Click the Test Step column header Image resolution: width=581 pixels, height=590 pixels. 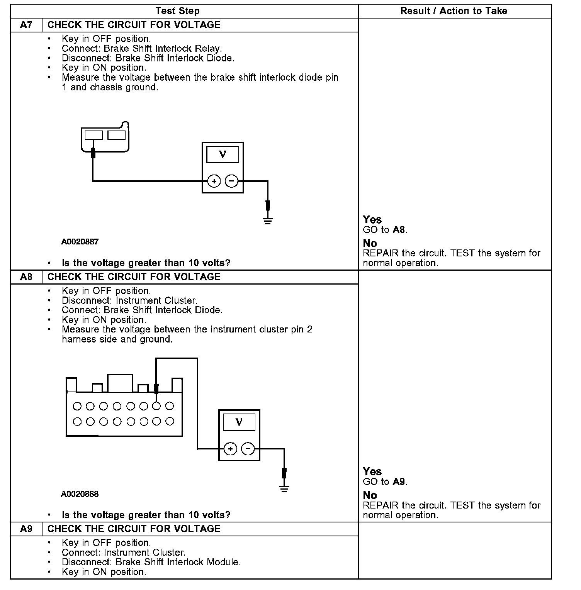pyautogui.click(x=177, y=11)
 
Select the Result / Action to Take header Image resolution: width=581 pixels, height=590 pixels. pyautogui.click(x=454, y=11)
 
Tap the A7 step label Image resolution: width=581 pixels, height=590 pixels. pyautogui.click(x=26, y=25)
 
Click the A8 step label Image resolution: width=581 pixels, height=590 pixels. pyautogui.click(x=26, y=277)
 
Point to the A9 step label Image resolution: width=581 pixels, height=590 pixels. pyautogui.click(x=26, y=529)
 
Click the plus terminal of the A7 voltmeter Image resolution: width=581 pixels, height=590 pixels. pyautogui.click(x=214, y=181)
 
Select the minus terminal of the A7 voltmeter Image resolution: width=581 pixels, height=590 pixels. pyautogui.click(x=231, y=181)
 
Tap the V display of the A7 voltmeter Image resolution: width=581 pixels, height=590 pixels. pyautogui.click(x=223, y=155)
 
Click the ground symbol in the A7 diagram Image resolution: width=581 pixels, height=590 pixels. pyautogui.click(x=268, y=220)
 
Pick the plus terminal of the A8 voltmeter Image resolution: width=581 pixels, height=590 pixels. pyautogui.click(x=230, y=449)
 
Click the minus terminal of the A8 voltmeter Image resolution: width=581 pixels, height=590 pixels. pyautogui.click(x=248, y=449)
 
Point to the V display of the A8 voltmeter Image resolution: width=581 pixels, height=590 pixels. pyautogui.click(x=239, y=422)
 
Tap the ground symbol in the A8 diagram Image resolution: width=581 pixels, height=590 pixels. pyautogui.click(x=284, y=488)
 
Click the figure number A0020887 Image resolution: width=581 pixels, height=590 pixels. pyautogui.click(x=80, y=242)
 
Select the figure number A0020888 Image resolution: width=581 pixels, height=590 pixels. pyautogui.click(x=80, y=494)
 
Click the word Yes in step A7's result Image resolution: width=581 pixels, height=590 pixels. pyautogui.click(x=372, y=220)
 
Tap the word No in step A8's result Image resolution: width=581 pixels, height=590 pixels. pyautogui.click(x=370, y=495)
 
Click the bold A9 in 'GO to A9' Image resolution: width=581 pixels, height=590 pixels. pyautogui.click(x=399, y=482)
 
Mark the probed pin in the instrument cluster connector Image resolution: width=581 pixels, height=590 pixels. pyautogui.click(x=156, y=406)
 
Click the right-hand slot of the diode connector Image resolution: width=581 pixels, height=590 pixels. pyautogui.click(x=116, y=135)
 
